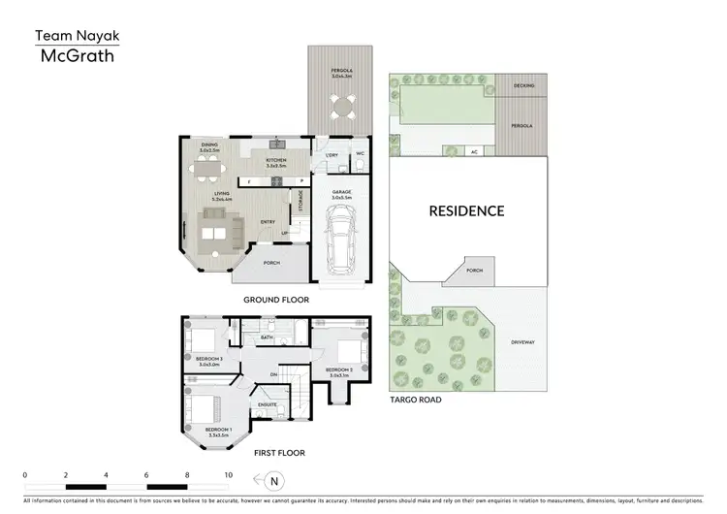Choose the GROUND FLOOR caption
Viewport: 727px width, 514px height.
tap(276, 301)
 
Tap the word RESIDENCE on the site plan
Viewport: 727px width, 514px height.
tap(467, 210)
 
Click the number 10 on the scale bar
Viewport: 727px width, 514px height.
tap(228, 475)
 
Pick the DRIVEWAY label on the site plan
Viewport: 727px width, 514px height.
tap(522, 339)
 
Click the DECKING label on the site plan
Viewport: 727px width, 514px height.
tap(524, 85)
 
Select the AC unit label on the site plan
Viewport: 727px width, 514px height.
tap(474, 151)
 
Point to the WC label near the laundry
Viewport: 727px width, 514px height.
tap(360, 152)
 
